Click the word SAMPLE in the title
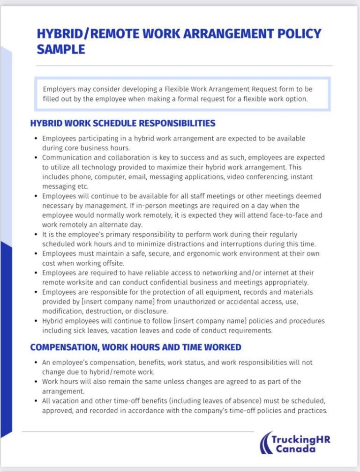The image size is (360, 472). click(61, 49)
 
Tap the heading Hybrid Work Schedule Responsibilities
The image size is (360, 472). click(123, 123)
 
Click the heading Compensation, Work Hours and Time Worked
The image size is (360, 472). click(136, 347)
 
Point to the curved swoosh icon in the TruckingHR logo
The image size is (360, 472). click(267, 442)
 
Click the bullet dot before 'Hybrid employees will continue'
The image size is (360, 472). click(37, 321)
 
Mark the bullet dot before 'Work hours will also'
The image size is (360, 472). click(37, 382)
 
